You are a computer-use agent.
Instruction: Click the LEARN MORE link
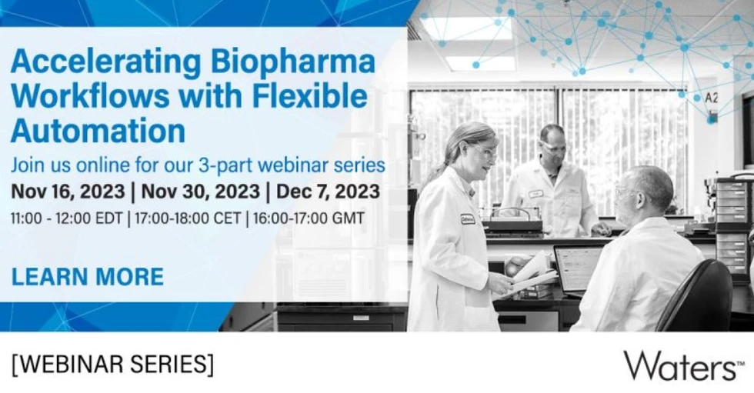87,276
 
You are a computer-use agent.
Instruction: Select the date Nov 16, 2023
70,190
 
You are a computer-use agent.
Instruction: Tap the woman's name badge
467,219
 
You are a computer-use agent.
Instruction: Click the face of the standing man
552,145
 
